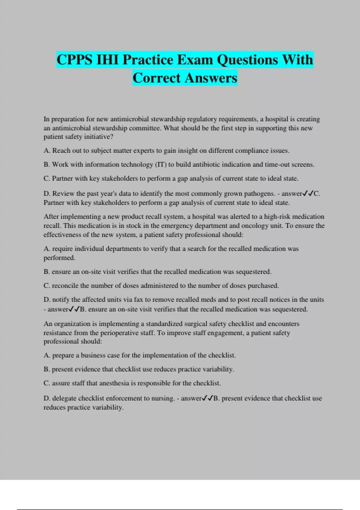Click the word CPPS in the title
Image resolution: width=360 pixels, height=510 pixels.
[74, 60]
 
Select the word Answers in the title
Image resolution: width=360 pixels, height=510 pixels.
[211, 78]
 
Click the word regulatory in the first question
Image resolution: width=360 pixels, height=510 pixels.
[202, 119]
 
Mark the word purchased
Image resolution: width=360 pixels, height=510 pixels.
[263, 286]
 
